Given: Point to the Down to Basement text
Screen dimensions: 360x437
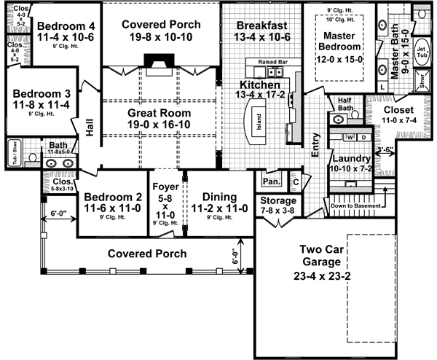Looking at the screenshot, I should (x=357, y=206).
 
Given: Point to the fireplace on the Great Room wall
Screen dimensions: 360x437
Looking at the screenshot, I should (x=159, y=61).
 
